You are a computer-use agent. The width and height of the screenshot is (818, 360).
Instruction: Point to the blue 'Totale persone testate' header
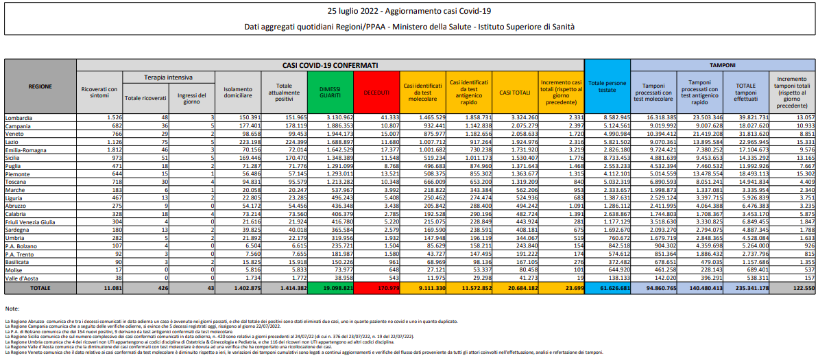tap(607, 87)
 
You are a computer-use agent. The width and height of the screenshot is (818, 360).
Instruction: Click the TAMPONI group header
tap(722, 64)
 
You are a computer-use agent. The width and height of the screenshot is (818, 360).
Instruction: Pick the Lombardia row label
tap(21, 118)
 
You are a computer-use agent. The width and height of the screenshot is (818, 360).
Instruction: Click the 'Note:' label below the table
tap(12, 309)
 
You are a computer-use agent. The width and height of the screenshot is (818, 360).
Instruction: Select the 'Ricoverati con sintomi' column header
tap(99, 92)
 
